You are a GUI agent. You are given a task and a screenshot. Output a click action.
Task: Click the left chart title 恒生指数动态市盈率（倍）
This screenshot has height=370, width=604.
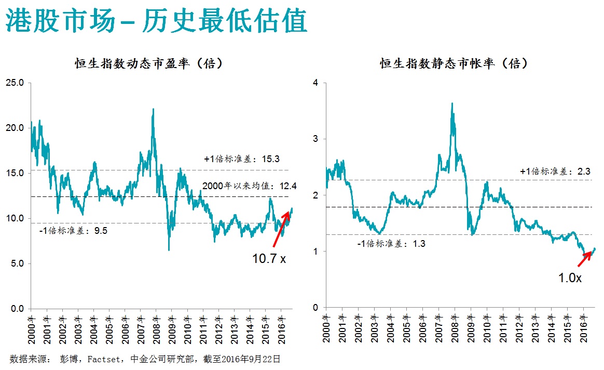[149, 64]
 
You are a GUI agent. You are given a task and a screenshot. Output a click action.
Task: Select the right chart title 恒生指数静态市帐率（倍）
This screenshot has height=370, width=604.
[454, 64]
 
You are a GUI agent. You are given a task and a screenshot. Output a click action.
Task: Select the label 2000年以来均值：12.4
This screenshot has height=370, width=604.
[250, 186]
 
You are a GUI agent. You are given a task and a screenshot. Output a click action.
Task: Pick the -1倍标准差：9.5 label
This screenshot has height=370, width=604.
[74, 231]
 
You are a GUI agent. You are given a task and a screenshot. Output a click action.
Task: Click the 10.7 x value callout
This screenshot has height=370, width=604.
[269, 258]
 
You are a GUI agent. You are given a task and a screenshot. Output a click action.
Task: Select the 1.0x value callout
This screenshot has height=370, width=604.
[570, 278]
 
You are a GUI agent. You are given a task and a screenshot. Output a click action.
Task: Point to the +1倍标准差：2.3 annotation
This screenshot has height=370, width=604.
[555, 171]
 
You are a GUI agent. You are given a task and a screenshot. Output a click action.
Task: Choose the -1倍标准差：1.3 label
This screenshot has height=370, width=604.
[392, 243]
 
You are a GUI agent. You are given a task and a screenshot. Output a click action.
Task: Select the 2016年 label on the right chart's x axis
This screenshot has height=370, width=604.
[582, 325]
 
